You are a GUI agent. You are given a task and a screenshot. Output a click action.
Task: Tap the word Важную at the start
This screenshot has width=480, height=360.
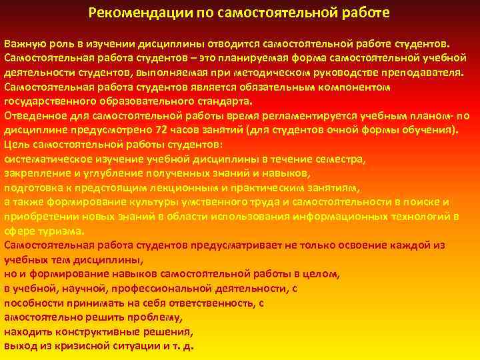coord(25,43)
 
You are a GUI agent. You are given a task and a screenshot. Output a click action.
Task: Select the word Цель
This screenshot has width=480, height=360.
coord(16,145)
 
